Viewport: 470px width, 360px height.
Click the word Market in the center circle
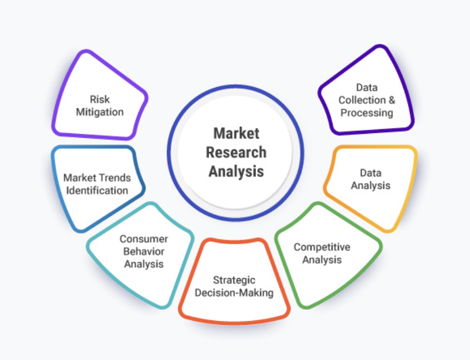tap(236, 133)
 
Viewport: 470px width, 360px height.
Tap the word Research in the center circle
tap(236, 153)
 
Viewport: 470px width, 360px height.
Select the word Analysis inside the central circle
tap(236, 172)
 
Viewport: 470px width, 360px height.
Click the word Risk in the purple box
tap(99, 99)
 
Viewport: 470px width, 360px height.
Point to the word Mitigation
tap(99, 111)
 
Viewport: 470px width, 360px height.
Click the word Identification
tap(97, 190)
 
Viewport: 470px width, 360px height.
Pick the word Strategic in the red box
tap(234, 280)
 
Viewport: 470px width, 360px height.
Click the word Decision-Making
tap(234, 292)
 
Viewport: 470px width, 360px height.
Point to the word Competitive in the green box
tap(322, 247)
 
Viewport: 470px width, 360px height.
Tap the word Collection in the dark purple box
tap(362, 100)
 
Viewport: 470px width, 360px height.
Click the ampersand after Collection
tap(391, 100)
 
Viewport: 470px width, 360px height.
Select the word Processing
tap(367, 112)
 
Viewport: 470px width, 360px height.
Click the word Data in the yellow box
tap(370, 173)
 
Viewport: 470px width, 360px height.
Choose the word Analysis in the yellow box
tap(370, 185)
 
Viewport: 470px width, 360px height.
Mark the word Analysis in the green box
tap(322, 259)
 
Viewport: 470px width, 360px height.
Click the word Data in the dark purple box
tap(367, 88)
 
